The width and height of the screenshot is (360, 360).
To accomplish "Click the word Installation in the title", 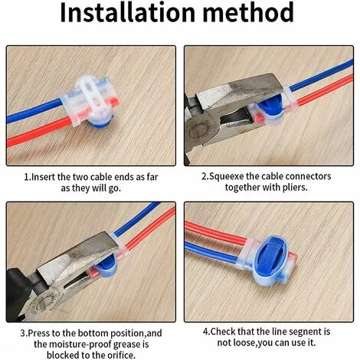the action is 127,12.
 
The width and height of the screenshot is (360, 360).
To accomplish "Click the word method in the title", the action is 248,12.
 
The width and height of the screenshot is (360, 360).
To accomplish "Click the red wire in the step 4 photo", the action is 216,233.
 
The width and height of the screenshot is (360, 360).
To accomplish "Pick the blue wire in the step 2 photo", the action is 321,75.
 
